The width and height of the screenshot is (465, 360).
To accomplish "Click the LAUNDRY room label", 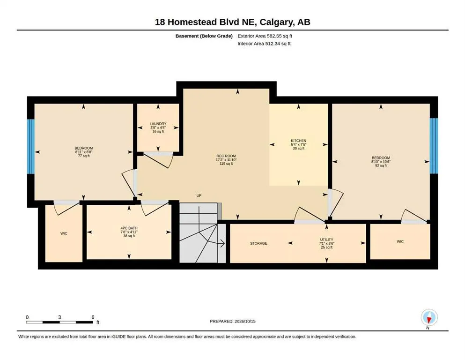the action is pos(158,124).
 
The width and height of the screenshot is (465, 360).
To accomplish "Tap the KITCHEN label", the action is pos(298,141).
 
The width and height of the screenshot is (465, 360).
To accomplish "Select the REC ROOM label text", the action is pos(226,156).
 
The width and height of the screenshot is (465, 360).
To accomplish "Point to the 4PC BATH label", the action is pos(129,228).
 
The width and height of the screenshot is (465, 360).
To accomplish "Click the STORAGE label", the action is pos(258,243).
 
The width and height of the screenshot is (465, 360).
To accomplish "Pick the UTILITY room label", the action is pos(326,240).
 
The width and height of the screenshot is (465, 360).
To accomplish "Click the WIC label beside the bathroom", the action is pos(64,233).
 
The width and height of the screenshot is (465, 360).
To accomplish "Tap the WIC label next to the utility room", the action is pos(400,241).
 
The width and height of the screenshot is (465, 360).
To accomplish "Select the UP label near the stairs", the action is pos(199,195).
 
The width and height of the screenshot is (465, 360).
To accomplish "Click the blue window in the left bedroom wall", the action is pos(31,147).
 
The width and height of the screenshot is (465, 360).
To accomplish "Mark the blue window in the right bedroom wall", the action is pos(434,146).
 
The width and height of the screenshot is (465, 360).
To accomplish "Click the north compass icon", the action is pos(429,317).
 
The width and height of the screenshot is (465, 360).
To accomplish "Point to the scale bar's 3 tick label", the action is pos(59,317).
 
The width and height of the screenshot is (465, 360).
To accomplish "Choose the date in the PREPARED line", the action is pos(245,321).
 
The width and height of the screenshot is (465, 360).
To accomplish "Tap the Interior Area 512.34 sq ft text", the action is pos(264,44).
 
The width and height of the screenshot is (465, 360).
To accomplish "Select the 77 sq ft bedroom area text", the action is pos(84,156).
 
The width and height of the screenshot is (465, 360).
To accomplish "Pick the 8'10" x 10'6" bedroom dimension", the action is pos(381,162).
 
